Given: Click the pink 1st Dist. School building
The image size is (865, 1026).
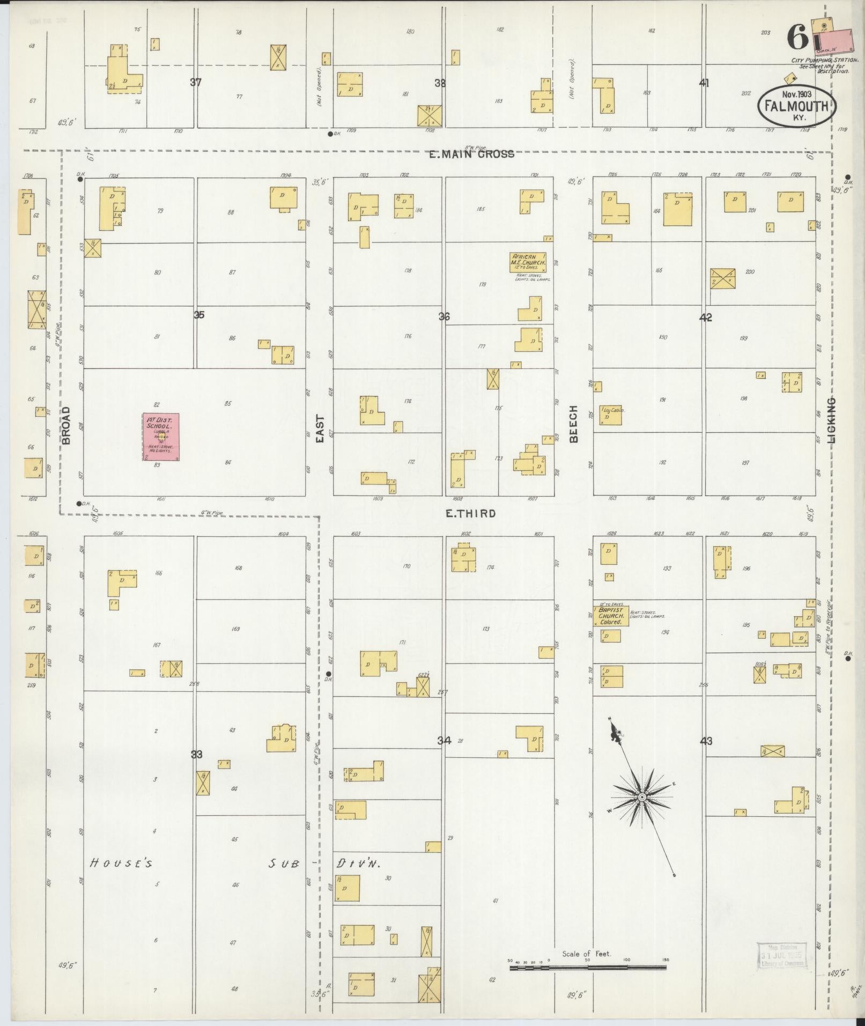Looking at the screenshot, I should (161, 437).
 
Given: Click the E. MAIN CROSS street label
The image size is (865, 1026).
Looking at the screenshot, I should (472, 154).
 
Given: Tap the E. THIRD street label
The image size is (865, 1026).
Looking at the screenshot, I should (471, 513).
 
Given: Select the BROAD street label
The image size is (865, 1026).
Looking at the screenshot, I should (66, 425).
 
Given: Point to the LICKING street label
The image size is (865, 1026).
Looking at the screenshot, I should (832, 420).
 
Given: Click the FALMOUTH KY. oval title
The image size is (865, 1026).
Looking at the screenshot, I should (797, 106).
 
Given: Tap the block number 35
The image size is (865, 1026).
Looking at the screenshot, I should (199, 315).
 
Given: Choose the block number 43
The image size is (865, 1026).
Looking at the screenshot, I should (706, 741).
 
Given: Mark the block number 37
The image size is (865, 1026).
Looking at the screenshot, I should (196, 82).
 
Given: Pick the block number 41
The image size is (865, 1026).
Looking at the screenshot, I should (704, 83).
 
